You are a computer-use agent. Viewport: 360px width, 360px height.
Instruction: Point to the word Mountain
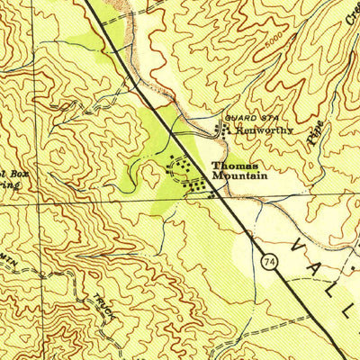tap(238, 176)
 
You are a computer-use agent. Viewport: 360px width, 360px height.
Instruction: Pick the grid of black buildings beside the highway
tap(200, 187)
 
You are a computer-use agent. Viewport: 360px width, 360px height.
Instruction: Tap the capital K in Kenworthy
tap(237, 130)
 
